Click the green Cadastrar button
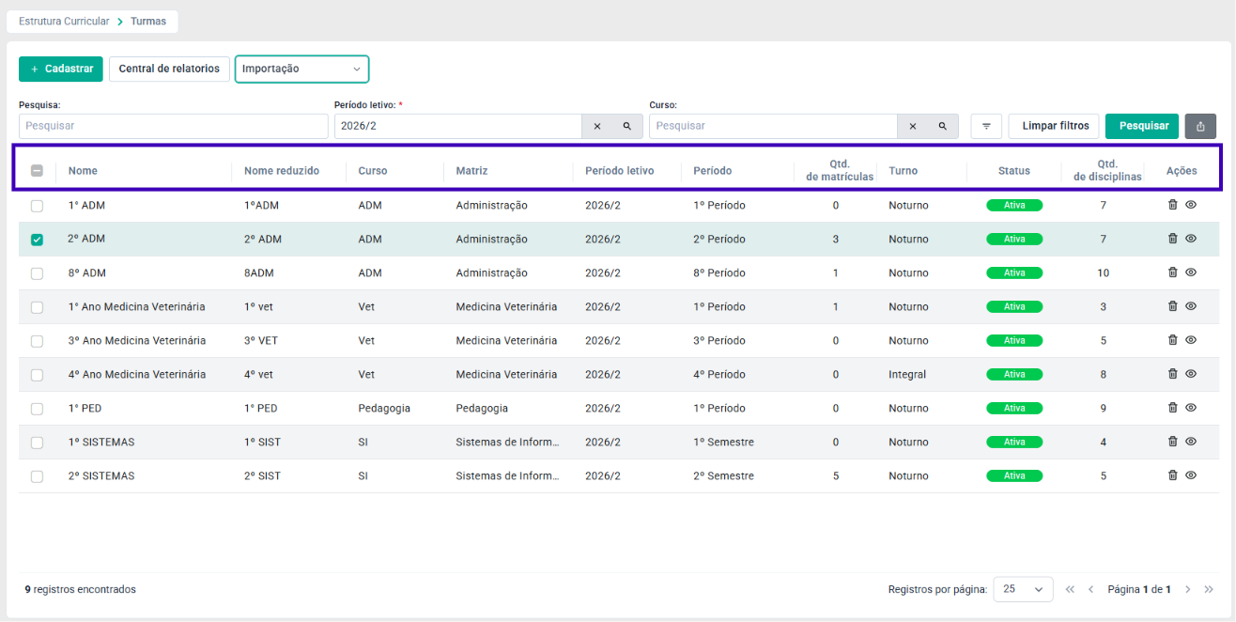[x=61, y=69]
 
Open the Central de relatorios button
[x=169, y=69]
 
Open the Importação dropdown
[x=301, y=69]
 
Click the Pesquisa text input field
[x=173, y=126]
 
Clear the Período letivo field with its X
[x=597, y=127]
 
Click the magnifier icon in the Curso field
[x=942, y=127]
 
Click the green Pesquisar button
[x=1142, y=126]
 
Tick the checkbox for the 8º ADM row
[x=37, y=273]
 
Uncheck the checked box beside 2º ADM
[x=37, y=240]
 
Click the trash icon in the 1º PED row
[x=1172, y=408]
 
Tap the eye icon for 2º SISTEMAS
[x=1191, y=475]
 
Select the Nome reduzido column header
[x=282, y=171]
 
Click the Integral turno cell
[x=907, y=374]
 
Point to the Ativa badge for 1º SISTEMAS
[x=1014, y=443]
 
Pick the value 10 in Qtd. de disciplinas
[x=1103, y=272]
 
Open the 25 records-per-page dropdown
[x=1023, y=589]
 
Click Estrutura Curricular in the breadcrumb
[x=64, y=21]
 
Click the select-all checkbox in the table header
[x=37, y=171]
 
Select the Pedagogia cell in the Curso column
[x=384, y=409]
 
